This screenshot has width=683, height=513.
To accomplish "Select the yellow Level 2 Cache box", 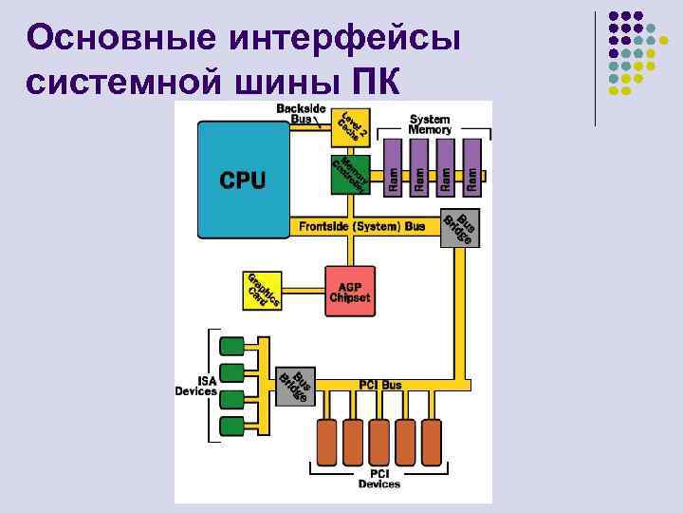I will (350, 127).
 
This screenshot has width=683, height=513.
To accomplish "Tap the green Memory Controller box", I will (350, 174).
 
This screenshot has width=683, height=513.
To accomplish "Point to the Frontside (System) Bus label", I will (361, 227).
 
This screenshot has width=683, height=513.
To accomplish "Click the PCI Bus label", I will (379, 385).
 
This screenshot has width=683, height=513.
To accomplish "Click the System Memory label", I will (431, 124).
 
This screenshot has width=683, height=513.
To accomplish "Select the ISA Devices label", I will (195, 386).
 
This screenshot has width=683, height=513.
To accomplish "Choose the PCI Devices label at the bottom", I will (378, 479).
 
